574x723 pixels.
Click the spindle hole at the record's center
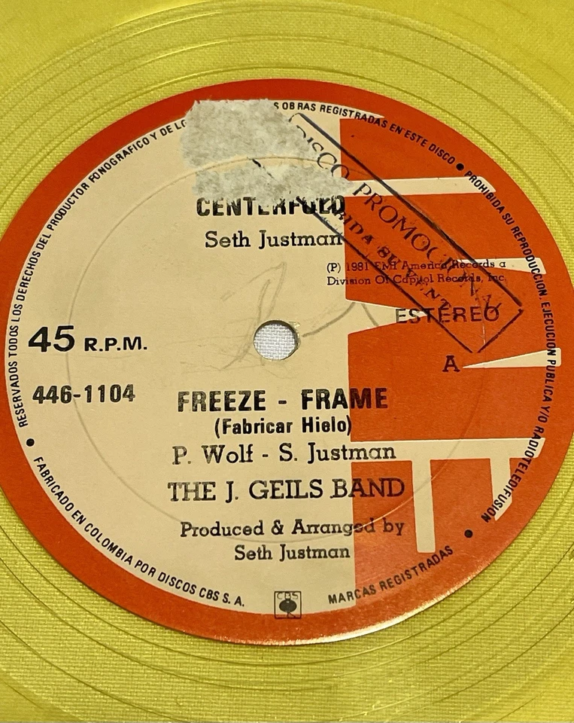(276, 340)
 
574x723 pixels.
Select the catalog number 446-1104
(84, 393)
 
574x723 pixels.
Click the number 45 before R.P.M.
(51, 340)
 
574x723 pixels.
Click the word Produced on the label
(221, 529)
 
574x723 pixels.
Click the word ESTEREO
(446, 316)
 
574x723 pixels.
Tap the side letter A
(451, 367)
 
